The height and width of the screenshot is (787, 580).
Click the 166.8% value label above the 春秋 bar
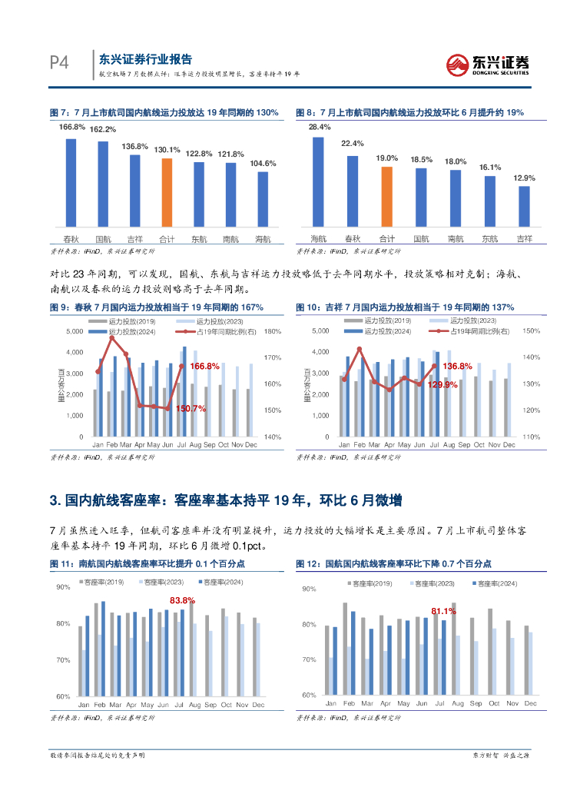[71, 127]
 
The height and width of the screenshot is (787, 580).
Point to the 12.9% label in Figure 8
[524, 178]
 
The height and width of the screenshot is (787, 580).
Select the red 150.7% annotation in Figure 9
[190, 409]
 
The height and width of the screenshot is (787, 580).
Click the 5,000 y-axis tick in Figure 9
[75, 331]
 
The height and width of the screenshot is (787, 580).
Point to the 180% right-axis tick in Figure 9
[273, 331]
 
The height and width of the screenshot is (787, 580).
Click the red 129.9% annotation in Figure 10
[442, 384]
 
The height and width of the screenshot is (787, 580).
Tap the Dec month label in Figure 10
[509, 445]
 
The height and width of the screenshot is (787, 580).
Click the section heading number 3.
[55, 501]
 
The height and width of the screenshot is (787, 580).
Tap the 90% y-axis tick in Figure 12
[309, 589]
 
